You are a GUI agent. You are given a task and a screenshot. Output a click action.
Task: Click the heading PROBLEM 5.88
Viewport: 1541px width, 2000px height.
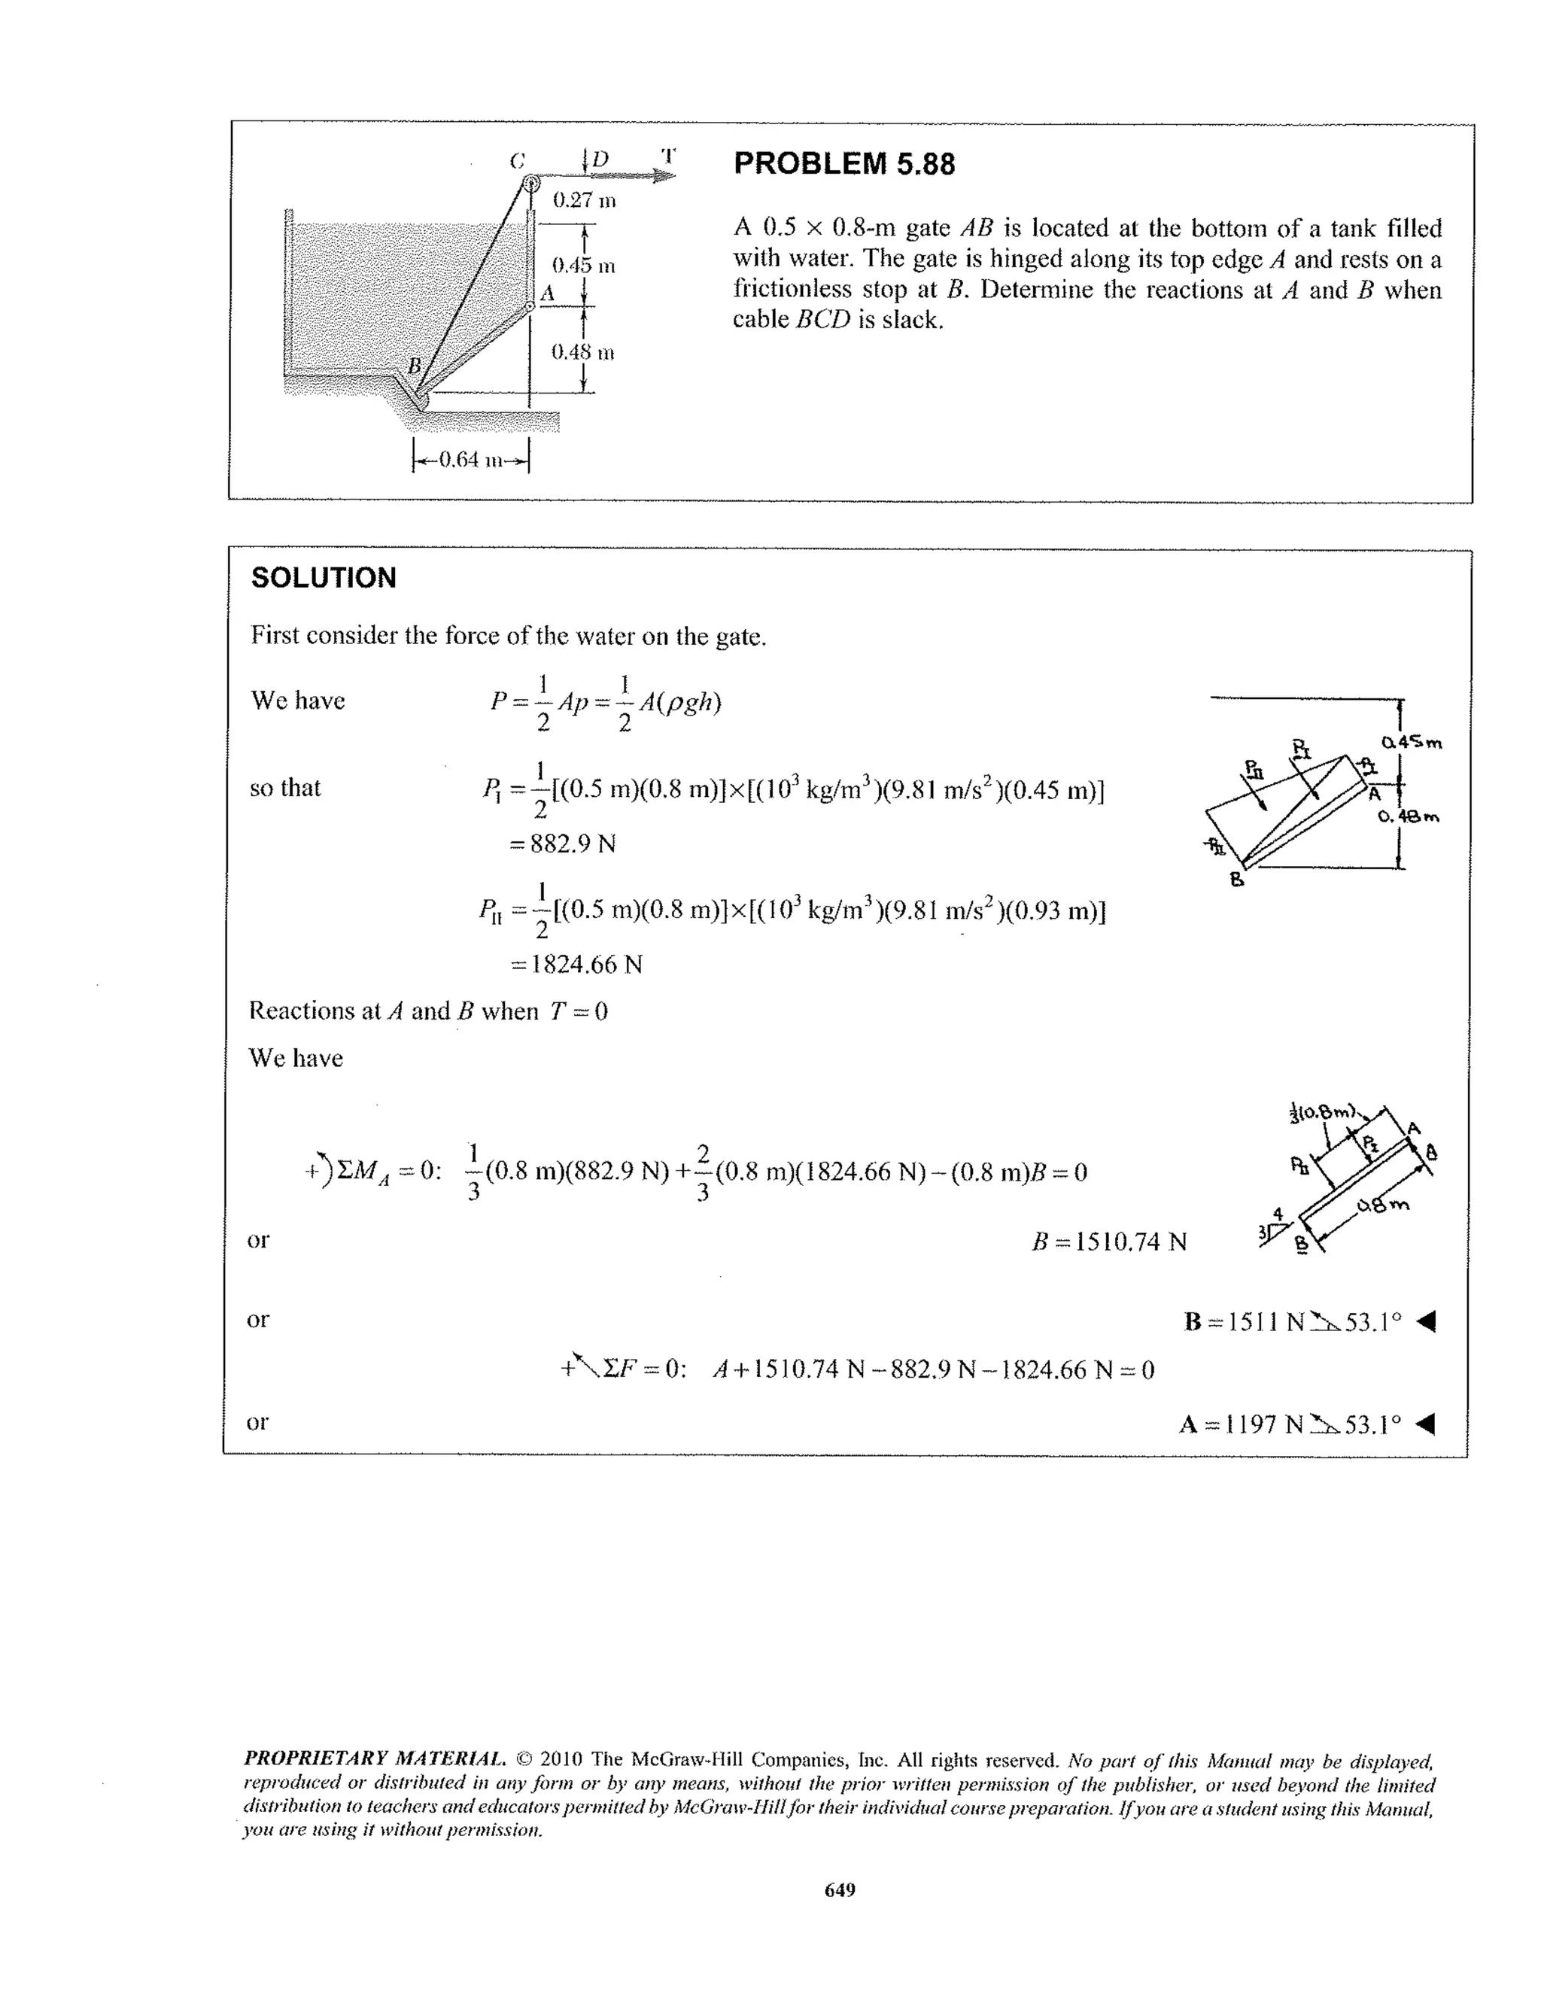point(843,164)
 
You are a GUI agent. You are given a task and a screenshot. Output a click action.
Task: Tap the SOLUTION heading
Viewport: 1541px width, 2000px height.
point(324,578)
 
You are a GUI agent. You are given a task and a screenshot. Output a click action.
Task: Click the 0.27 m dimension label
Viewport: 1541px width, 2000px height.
point(584,199)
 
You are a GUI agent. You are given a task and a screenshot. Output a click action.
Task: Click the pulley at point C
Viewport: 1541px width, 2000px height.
point(530,182)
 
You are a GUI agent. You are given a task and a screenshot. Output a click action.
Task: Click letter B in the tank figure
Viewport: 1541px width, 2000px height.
point(414,366)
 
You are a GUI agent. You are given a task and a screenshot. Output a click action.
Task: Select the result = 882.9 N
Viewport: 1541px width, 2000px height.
point(562,843)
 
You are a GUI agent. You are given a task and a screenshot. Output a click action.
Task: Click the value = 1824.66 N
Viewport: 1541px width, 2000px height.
point(576,965)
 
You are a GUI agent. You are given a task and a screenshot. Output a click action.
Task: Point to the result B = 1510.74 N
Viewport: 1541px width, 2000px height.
point(1108,1242)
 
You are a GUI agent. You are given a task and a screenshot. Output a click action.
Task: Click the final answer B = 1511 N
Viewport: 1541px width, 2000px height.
point(1292,1322)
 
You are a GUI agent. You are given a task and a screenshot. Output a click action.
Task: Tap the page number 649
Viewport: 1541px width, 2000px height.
point(839,1890)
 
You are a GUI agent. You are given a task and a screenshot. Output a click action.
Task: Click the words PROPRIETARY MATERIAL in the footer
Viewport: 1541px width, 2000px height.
point(373,1759)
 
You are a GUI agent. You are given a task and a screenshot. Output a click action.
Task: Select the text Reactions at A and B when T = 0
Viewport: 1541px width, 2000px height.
point(427,1011)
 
